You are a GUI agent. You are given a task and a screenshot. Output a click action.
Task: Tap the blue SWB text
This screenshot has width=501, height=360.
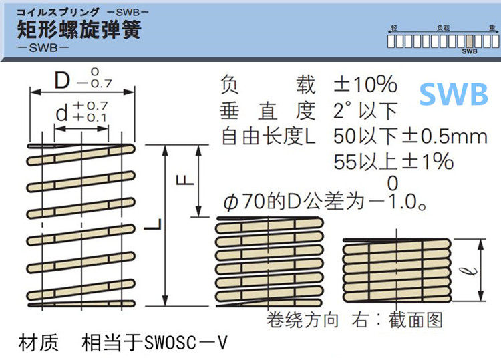point(454,94)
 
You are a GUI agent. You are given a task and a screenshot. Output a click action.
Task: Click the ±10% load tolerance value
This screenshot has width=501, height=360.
point(365,85)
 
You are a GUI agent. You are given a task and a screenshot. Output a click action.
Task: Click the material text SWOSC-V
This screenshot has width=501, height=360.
point(185,344)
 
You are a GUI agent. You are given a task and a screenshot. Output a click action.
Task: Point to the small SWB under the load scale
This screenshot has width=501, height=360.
point(470,51)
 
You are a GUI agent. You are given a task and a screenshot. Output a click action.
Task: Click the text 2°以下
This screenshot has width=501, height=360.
point(365,110)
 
